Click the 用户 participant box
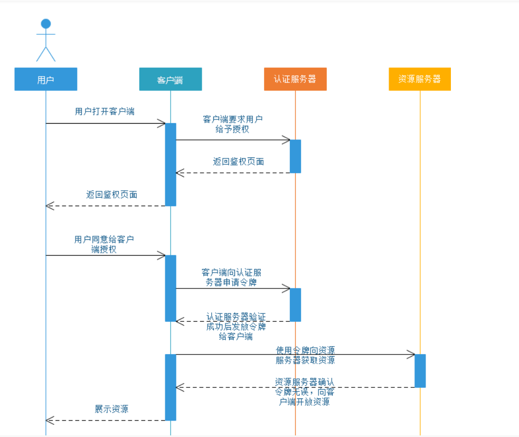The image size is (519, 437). [x=45, y=79]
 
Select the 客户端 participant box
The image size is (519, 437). [x=170, y=79]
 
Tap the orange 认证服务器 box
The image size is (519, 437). [x=295, y=79]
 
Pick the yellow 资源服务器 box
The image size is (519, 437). [x=420, y=79]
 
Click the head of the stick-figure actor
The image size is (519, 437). [x=46, y=24]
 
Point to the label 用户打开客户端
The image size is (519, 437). [x=105, y=111]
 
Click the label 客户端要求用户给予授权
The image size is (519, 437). [x=232, y=124]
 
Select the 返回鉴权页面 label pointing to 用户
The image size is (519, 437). [x=112, y=194]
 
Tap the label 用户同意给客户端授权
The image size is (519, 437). [x=104, y=244]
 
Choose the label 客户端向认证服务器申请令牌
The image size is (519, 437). [x=231, y=277]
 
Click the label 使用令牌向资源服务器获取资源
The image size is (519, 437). [x=305, y=355]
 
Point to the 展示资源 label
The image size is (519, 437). [x=111, y=409]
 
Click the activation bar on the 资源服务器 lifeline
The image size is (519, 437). [x=420, y=370]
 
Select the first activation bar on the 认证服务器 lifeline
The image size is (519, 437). [x=295, y=156]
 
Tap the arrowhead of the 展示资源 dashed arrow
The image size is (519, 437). [x=49, y=421]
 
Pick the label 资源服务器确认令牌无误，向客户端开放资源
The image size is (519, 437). [x=305, y=392]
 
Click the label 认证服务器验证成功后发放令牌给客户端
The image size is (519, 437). [x=236, y=327]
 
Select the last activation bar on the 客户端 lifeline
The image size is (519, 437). [x=170, y=387]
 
